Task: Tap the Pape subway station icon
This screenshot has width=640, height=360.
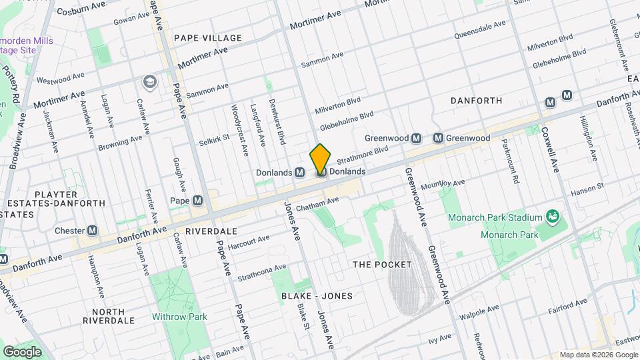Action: (198, 201)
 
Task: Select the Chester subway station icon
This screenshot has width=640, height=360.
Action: (93, 230)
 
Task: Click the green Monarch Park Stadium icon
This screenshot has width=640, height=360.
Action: (551, 216)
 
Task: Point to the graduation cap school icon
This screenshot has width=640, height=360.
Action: (149, 81)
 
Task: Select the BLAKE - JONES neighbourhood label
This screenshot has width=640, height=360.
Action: (317, 295)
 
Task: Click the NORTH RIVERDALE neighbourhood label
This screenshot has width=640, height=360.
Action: (109, 316)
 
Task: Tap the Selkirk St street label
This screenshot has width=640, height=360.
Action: (213, 141)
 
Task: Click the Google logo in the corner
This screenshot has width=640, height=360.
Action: (22, 351)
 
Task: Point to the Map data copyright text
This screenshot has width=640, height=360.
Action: (597, 355)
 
